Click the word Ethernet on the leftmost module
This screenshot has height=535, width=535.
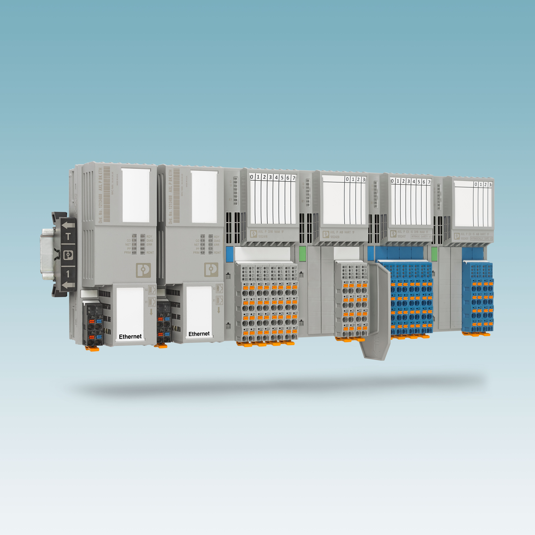click(x=130, y=336)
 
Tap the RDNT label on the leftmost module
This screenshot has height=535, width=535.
click(x=150, y=253)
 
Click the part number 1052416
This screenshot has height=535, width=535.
click(x=263, y=237)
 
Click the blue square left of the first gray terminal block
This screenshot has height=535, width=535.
click(x=230, y=254)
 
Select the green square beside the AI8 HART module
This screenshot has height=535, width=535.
click(x=303, y=254)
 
